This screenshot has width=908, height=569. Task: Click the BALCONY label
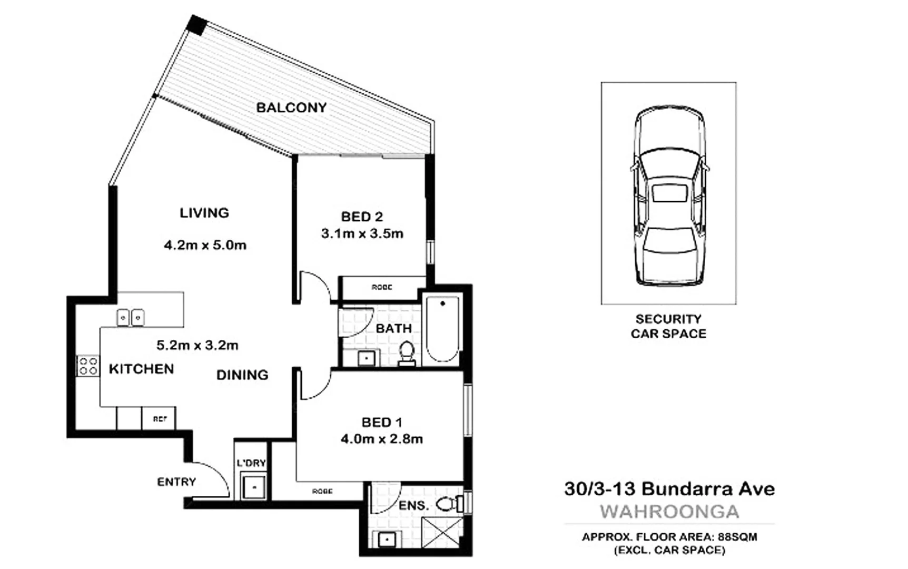pyautogui.click(x=291, y=108)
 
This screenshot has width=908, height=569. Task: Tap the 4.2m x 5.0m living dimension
pyautogui.click(x=205, y=245)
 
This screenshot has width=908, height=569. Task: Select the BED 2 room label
pyautogui.click(x=362, y=217)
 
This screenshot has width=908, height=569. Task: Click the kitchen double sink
pyautogui.click(x=130, y=318)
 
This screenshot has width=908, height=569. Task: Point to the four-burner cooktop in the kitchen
pyautogui.click(x=88, y=366)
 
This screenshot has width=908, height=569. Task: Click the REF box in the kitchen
pyautogui.click(x=159, y=419)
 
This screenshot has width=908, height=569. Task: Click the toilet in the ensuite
pyautogui.click(x=448, y=504)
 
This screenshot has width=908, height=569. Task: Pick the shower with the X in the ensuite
pyautogui.click(x=442, y=533)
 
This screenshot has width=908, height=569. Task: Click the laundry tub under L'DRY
pyautogui.click(x=254, y=486)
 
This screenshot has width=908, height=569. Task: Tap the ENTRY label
pyautogui.click(x=176, y=482)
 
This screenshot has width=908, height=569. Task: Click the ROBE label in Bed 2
pyautogui.click(x=382, y=288)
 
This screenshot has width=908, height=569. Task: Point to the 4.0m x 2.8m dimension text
pyautogui.click(x=381, y=439)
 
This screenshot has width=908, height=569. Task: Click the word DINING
pyautogui.click(x=242, y=375)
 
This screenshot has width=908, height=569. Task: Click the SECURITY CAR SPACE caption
pyautogui.click(x=668, y=326)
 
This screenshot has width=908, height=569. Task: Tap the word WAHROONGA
pyautogui.click(x=669, y=512)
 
